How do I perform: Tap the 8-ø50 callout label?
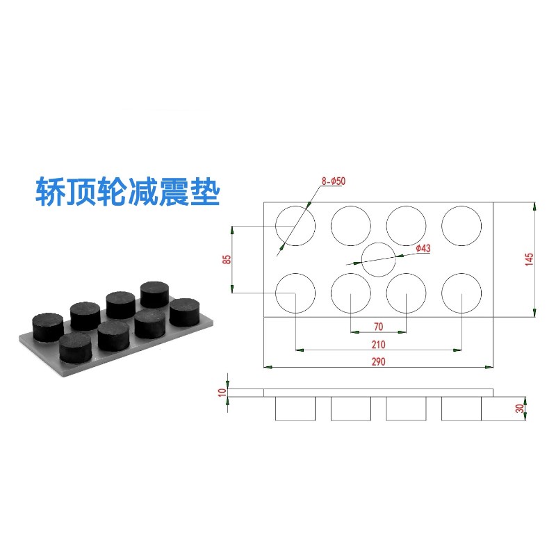(x=334, y=181)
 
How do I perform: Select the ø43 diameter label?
(x=423, y=248)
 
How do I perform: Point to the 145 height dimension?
(x=529, y=259)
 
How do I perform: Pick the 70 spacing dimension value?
(x=378, y=326)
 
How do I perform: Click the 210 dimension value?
(x=378, y=344)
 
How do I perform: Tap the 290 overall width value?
(x=378, y=361)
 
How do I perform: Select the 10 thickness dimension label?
(x=222, y=392)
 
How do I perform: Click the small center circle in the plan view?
(x=379, y=261)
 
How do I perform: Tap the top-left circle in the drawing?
(x=295, y=225)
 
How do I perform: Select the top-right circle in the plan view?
(x=461, y=225)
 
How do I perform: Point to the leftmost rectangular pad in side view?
(x=295, y=409)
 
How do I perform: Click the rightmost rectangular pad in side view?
(x=461, y=409)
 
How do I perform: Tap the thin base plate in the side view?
(x=379, y=393)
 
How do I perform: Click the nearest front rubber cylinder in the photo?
(x=75, y=347)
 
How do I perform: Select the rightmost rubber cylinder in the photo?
(x=185, y=311)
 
